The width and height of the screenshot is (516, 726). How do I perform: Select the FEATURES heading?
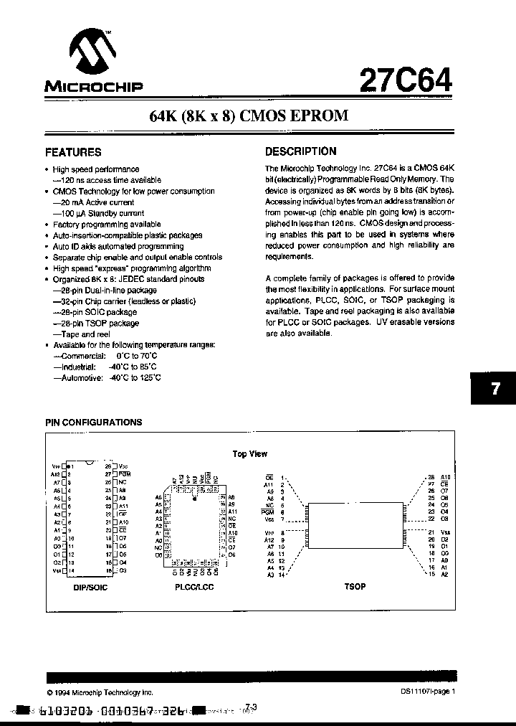(73, 152)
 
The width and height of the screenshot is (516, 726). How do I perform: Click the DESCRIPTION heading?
(300, 151)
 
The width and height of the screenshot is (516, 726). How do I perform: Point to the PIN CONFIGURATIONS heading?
(94, 423)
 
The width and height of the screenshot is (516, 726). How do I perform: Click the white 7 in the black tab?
(495, 390)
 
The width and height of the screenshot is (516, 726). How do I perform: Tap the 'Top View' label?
(250, 454)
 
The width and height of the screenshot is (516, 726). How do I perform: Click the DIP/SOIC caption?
(86, 586)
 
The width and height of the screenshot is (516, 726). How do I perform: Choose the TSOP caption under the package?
(355, 586)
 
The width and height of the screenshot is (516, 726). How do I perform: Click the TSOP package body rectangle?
(355, 525)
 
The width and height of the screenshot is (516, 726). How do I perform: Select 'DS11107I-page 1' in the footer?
(428, 692)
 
